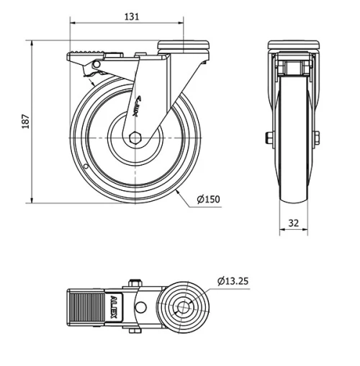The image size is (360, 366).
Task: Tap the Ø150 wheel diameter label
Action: (x=209, y=200)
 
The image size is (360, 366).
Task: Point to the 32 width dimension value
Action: (x=293, y=223)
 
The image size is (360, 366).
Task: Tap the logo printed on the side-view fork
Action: (x=139, y=107)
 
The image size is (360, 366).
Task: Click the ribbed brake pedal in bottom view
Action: (x=87, y=308)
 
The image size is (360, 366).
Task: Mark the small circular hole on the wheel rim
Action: (x=85, y=168)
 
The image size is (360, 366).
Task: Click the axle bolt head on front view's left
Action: (x=269, y=137)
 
